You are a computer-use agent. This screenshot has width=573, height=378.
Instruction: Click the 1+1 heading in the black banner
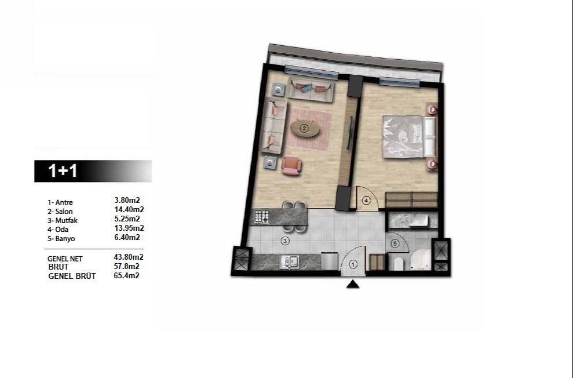(x=63, y=171)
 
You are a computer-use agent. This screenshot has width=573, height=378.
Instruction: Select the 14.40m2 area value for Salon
(x=129, y=210)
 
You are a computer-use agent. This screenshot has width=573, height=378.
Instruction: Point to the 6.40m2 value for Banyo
(x=127, y=237)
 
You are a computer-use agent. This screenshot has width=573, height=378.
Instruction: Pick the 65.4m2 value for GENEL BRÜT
(x=127, y=276)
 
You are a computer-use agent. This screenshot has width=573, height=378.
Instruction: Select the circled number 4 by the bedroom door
(x=366, y=201)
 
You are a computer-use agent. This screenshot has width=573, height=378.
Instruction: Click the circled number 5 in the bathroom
(x=395, y=244)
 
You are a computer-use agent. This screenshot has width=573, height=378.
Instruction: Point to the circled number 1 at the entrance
(x=353, y=264)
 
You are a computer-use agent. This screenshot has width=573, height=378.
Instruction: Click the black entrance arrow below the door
(x=353, y=284)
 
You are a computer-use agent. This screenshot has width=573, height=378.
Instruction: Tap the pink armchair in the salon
(x=291, y=166)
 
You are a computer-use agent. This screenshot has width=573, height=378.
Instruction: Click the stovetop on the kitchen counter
(x=262, y=217)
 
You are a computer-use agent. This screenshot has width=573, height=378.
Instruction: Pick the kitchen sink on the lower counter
(x=289, y=262)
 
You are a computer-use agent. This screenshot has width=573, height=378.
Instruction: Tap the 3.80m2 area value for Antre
(x=127, y=201)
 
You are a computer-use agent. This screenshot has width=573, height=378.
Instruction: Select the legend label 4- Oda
(x=59, y=230)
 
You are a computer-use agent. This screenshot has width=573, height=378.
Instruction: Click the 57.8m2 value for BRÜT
(x=127, y=266)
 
